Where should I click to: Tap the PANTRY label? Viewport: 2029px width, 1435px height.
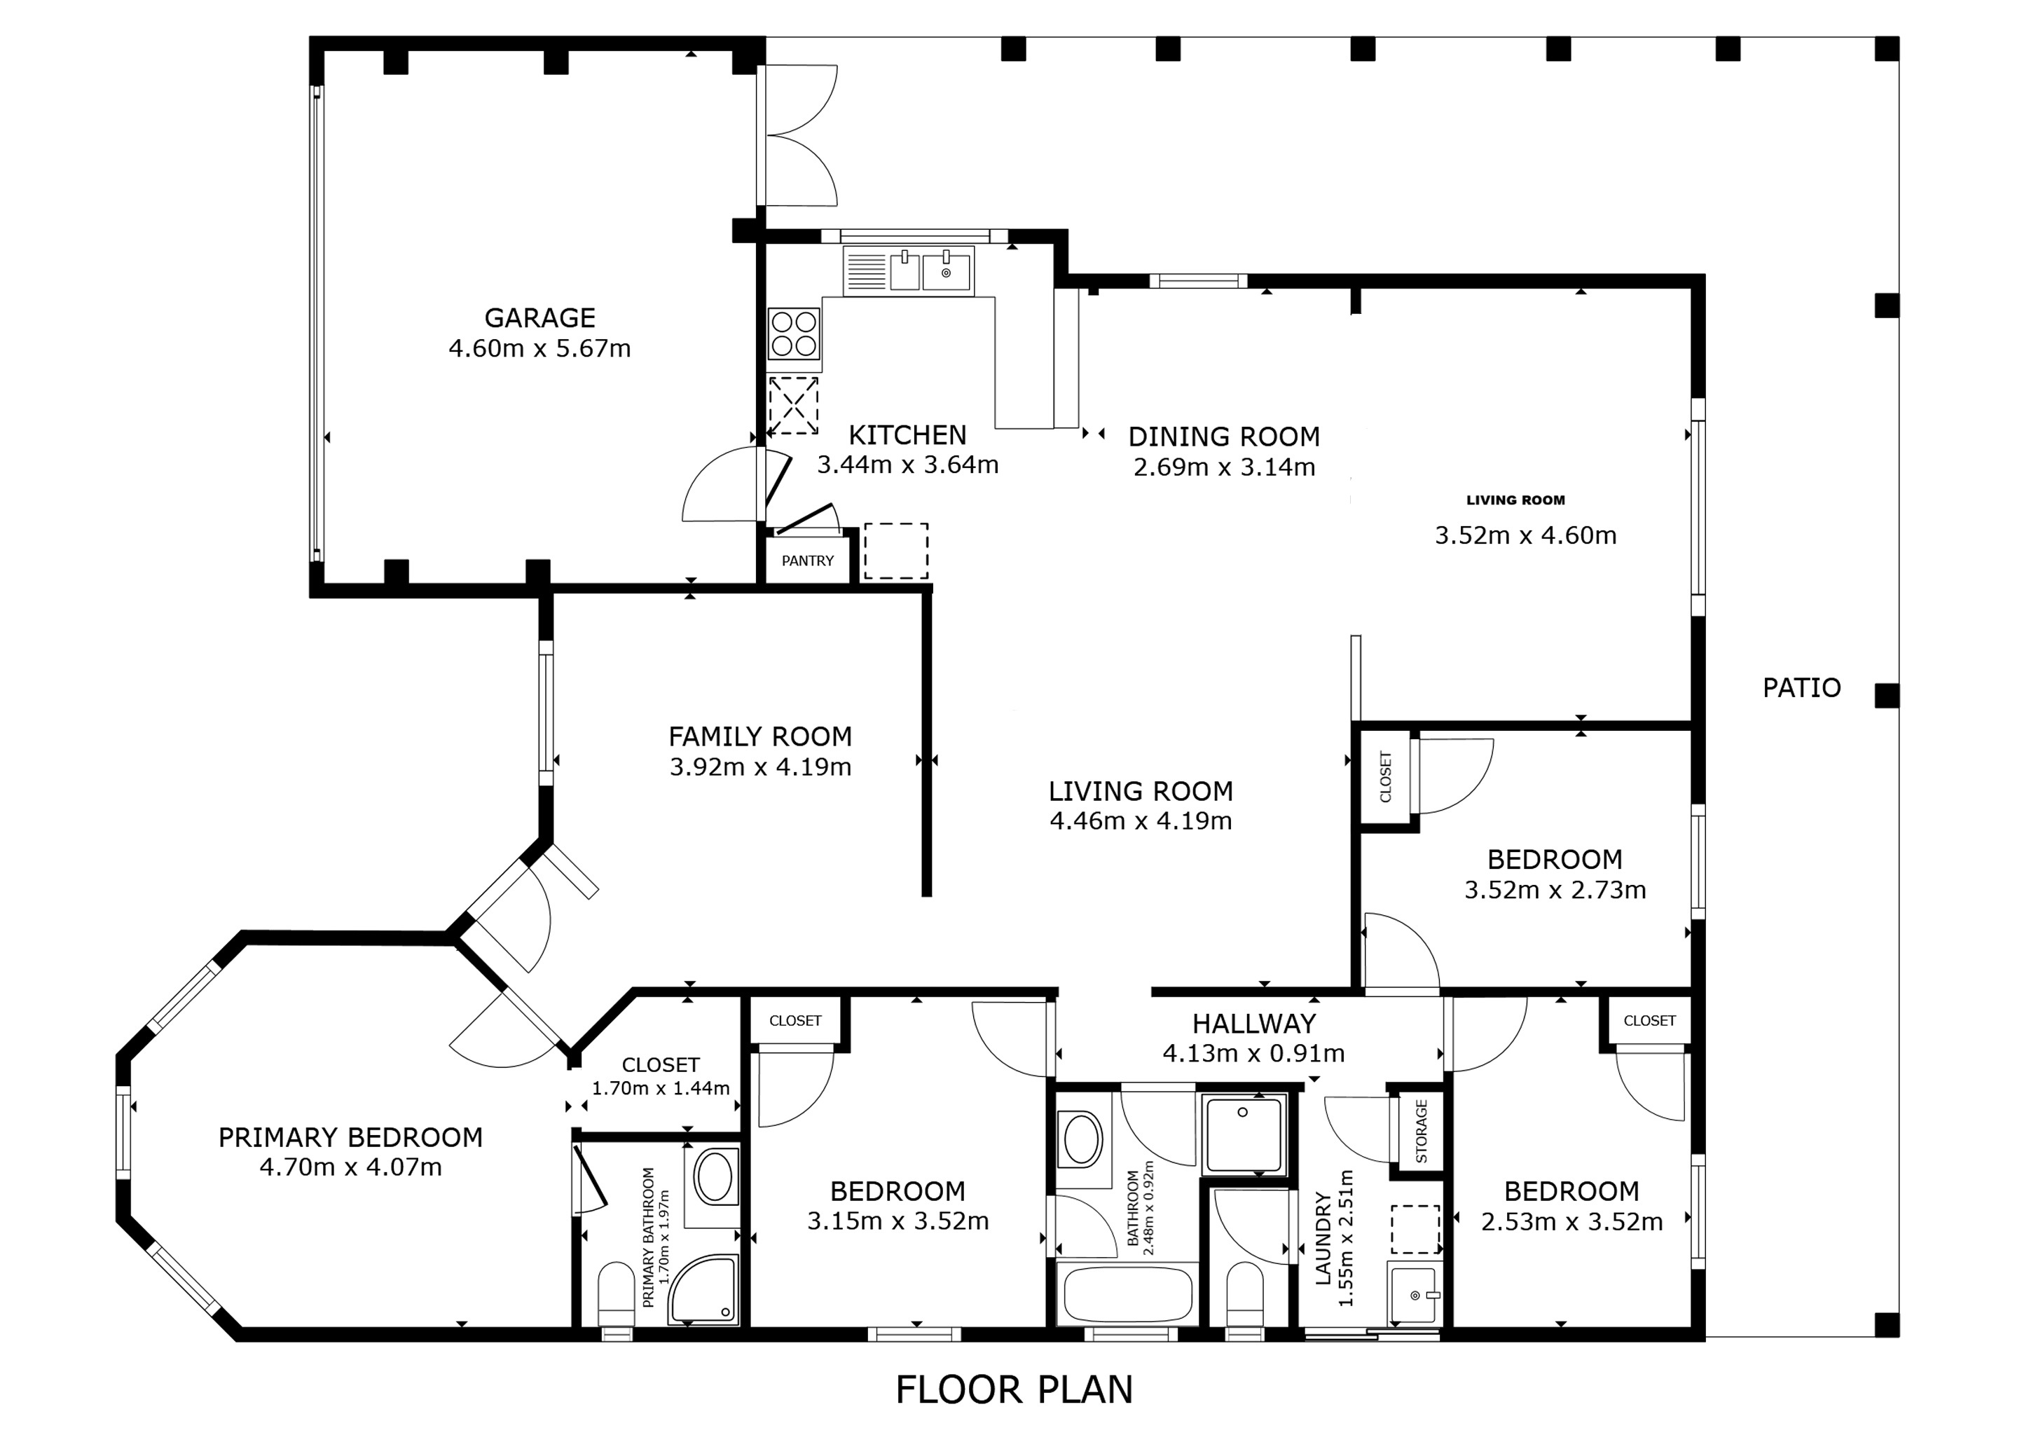coord(808,561)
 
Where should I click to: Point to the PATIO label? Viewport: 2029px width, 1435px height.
coord(1802,687)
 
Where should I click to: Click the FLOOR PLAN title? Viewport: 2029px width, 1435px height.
coord(1014,1390)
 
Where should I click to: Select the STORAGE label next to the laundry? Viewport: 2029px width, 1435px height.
coord(1422,1131)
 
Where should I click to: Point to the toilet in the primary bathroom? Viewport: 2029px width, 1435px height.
coord(617,1296)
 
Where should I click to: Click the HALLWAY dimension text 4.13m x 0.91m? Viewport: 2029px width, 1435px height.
coord(1254,1053)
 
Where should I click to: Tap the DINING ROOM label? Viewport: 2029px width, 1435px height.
coord(1224,437)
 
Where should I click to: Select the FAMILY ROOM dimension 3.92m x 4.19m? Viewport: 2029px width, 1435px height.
coord(760,767)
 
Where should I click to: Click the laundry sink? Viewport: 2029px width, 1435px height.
coord(1415,1293)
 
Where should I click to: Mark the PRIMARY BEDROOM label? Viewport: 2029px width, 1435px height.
coord(351,1137)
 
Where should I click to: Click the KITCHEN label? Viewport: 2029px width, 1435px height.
coord(907,434)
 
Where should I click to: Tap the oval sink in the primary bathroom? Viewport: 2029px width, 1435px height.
coord(713,1176)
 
